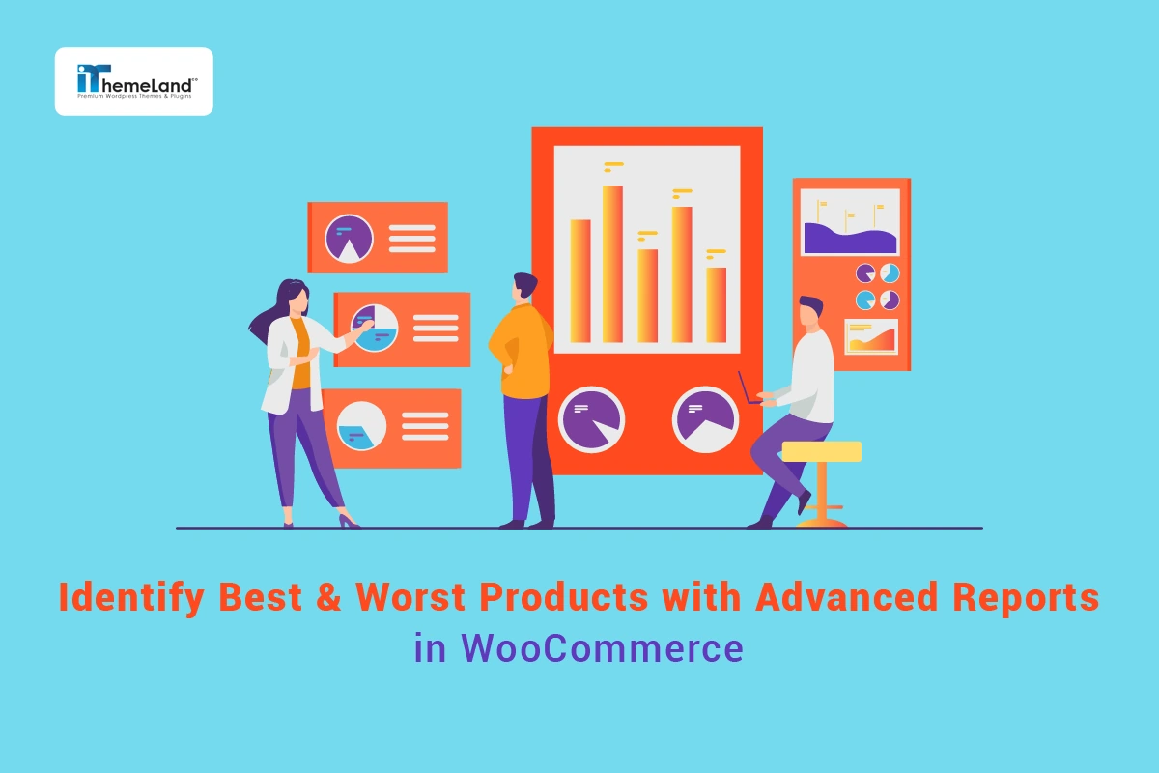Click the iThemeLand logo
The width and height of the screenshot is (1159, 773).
click(133, 81)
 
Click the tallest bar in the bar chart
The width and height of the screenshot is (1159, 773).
click(612, 263)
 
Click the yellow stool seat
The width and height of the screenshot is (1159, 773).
click(821, 451)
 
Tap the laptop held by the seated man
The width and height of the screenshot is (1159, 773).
click(749, 388)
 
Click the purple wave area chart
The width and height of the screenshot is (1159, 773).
click(850, 239)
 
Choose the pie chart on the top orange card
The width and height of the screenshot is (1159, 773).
click(349, 239)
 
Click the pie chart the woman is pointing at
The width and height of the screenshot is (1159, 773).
click(375, 328)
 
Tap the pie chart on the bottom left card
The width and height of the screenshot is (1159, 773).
click(361, 425)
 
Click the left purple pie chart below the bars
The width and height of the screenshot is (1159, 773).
click(591, 418)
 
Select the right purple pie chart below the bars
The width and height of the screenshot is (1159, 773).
click(705, 418)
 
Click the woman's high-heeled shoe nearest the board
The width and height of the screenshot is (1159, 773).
click(349, 521)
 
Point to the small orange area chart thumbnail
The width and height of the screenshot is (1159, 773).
click(870, 336)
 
